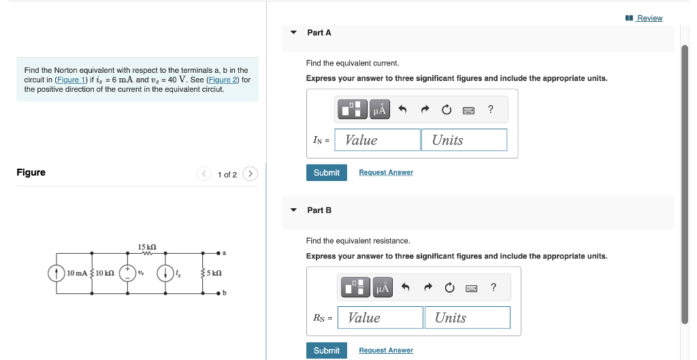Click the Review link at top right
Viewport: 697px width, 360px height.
[x=649, y=18]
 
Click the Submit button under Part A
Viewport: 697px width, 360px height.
[x=326, y=173]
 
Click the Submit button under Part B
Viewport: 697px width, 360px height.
[x=326, y=350]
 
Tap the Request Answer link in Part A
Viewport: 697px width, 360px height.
[x=386, y=173]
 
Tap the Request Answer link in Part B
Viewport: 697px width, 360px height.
[x=386, y=350]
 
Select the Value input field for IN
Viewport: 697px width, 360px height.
[x=378, y=140]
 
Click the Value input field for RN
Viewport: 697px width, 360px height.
[x=380, y=318]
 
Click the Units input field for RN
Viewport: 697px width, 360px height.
[x=468, y=318]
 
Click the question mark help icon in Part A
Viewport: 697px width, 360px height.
[x=491, y=110]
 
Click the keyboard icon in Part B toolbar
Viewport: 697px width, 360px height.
[x=471, y=288]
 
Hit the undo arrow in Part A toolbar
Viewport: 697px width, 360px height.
[x=402, y=110]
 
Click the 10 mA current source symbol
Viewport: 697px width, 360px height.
[x=56, y=273]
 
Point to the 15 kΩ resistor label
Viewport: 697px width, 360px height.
[x=147, y=246]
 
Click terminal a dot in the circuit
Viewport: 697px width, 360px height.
[x=218, y=253]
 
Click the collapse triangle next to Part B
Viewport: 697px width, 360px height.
[x=293, y=210]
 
